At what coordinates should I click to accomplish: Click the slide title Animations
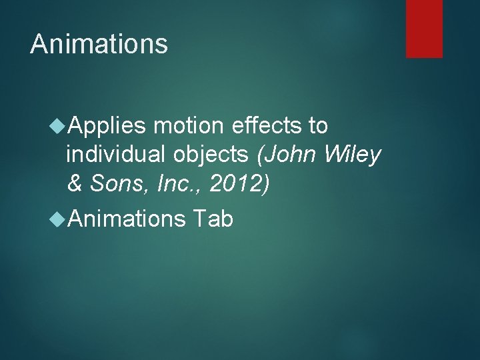point(99,44)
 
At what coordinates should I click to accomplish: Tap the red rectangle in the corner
point(424,28)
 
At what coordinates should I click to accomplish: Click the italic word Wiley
point(353,155)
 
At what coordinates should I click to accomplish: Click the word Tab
point(213,217)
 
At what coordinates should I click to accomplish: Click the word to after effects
point(317,125)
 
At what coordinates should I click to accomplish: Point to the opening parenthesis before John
point(261,155)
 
